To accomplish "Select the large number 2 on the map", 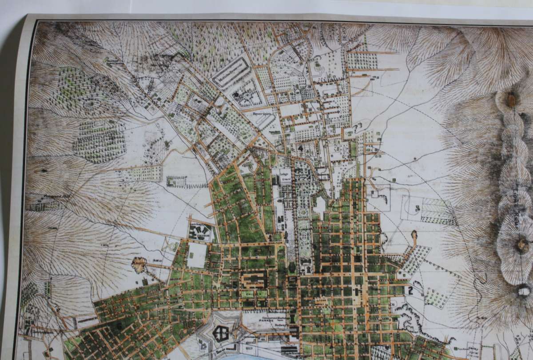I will (x=410, y=291).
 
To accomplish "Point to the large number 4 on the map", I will (x=300, y=148).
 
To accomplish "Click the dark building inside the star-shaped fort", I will (x=220, y=332).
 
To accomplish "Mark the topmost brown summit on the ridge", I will (x=511, y=100).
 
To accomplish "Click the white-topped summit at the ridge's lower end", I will (x=524, y=291).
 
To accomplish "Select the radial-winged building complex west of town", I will (x=202, y=231).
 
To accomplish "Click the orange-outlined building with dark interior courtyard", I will (x=254, y=280).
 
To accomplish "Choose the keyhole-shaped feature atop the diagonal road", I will (x=414, y=235).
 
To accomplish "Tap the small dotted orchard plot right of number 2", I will (x=435, y=298).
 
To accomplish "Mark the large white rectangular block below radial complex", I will (x=196, y=255).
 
